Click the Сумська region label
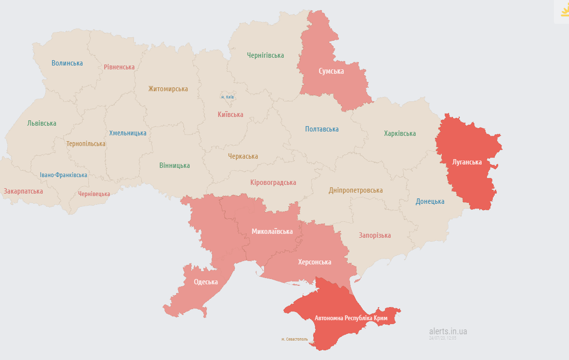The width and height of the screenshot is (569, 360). [331, 71]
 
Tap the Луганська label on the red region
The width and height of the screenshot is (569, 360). [467, 162]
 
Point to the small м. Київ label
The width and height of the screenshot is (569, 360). [227, 97]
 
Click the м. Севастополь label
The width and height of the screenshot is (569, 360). [294, 339]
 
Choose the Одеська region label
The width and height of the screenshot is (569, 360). [206, 282]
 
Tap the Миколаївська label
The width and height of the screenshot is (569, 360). [272, 231]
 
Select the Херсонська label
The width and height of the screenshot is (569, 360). [314, 262]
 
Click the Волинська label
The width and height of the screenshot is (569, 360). [67, 63]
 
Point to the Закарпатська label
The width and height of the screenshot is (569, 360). [23, 191]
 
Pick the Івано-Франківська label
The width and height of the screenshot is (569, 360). [64, 175]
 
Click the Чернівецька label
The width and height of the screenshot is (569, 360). [94, 194]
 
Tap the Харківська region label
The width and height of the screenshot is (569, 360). [400, 133]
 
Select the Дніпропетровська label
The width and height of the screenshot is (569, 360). [355, 191]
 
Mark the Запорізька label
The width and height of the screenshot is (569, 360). [374, 235]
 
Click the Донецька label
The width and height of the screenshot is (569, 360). [430, 201]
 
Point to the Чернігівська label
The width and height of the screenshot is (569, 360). [265, 55]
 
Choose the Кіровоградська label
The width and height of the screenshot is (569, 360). [273, 182]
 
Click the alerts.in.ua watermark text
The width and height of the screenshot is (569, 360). [448, 331]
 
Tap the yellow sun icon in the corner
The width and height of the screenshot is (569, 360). [564, 11]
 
